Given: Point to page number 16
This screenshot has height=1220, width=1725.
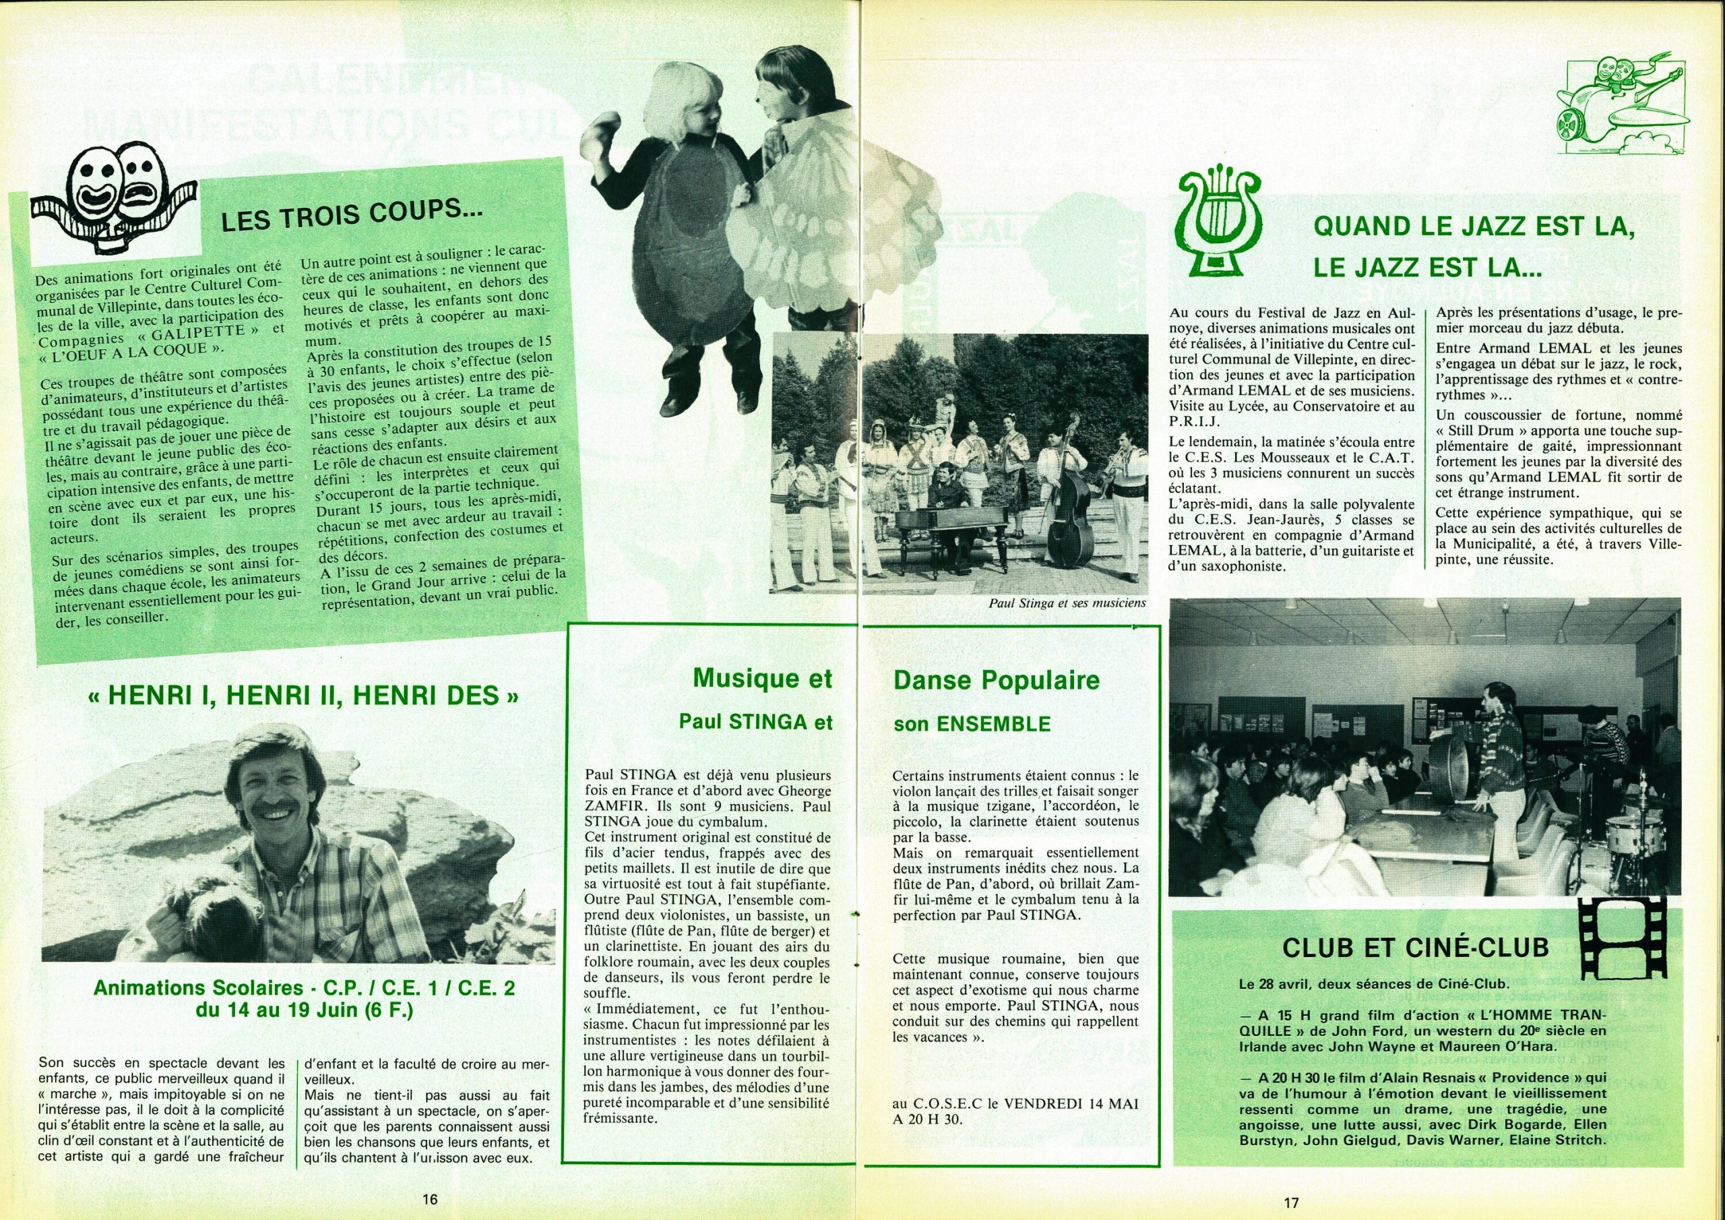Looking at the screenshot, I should [x=429, y=1199].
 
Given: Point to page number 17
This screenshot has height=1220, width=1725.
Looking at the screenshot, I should [x=1291, y=1201].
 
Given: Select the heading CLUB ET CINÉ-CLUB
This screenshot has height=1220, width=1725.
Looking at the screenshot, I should [x=1416, y=947].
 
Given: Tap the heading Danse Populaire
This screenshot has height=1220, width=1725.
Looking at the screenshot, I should [x=995, y=680].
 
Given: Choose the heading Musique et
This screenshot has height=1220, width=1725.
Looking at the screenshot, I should [x=762, y=678].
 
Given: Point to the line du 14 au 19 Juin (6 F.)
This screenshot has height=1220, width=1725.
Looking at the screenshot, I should [x=305, y=1010].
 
